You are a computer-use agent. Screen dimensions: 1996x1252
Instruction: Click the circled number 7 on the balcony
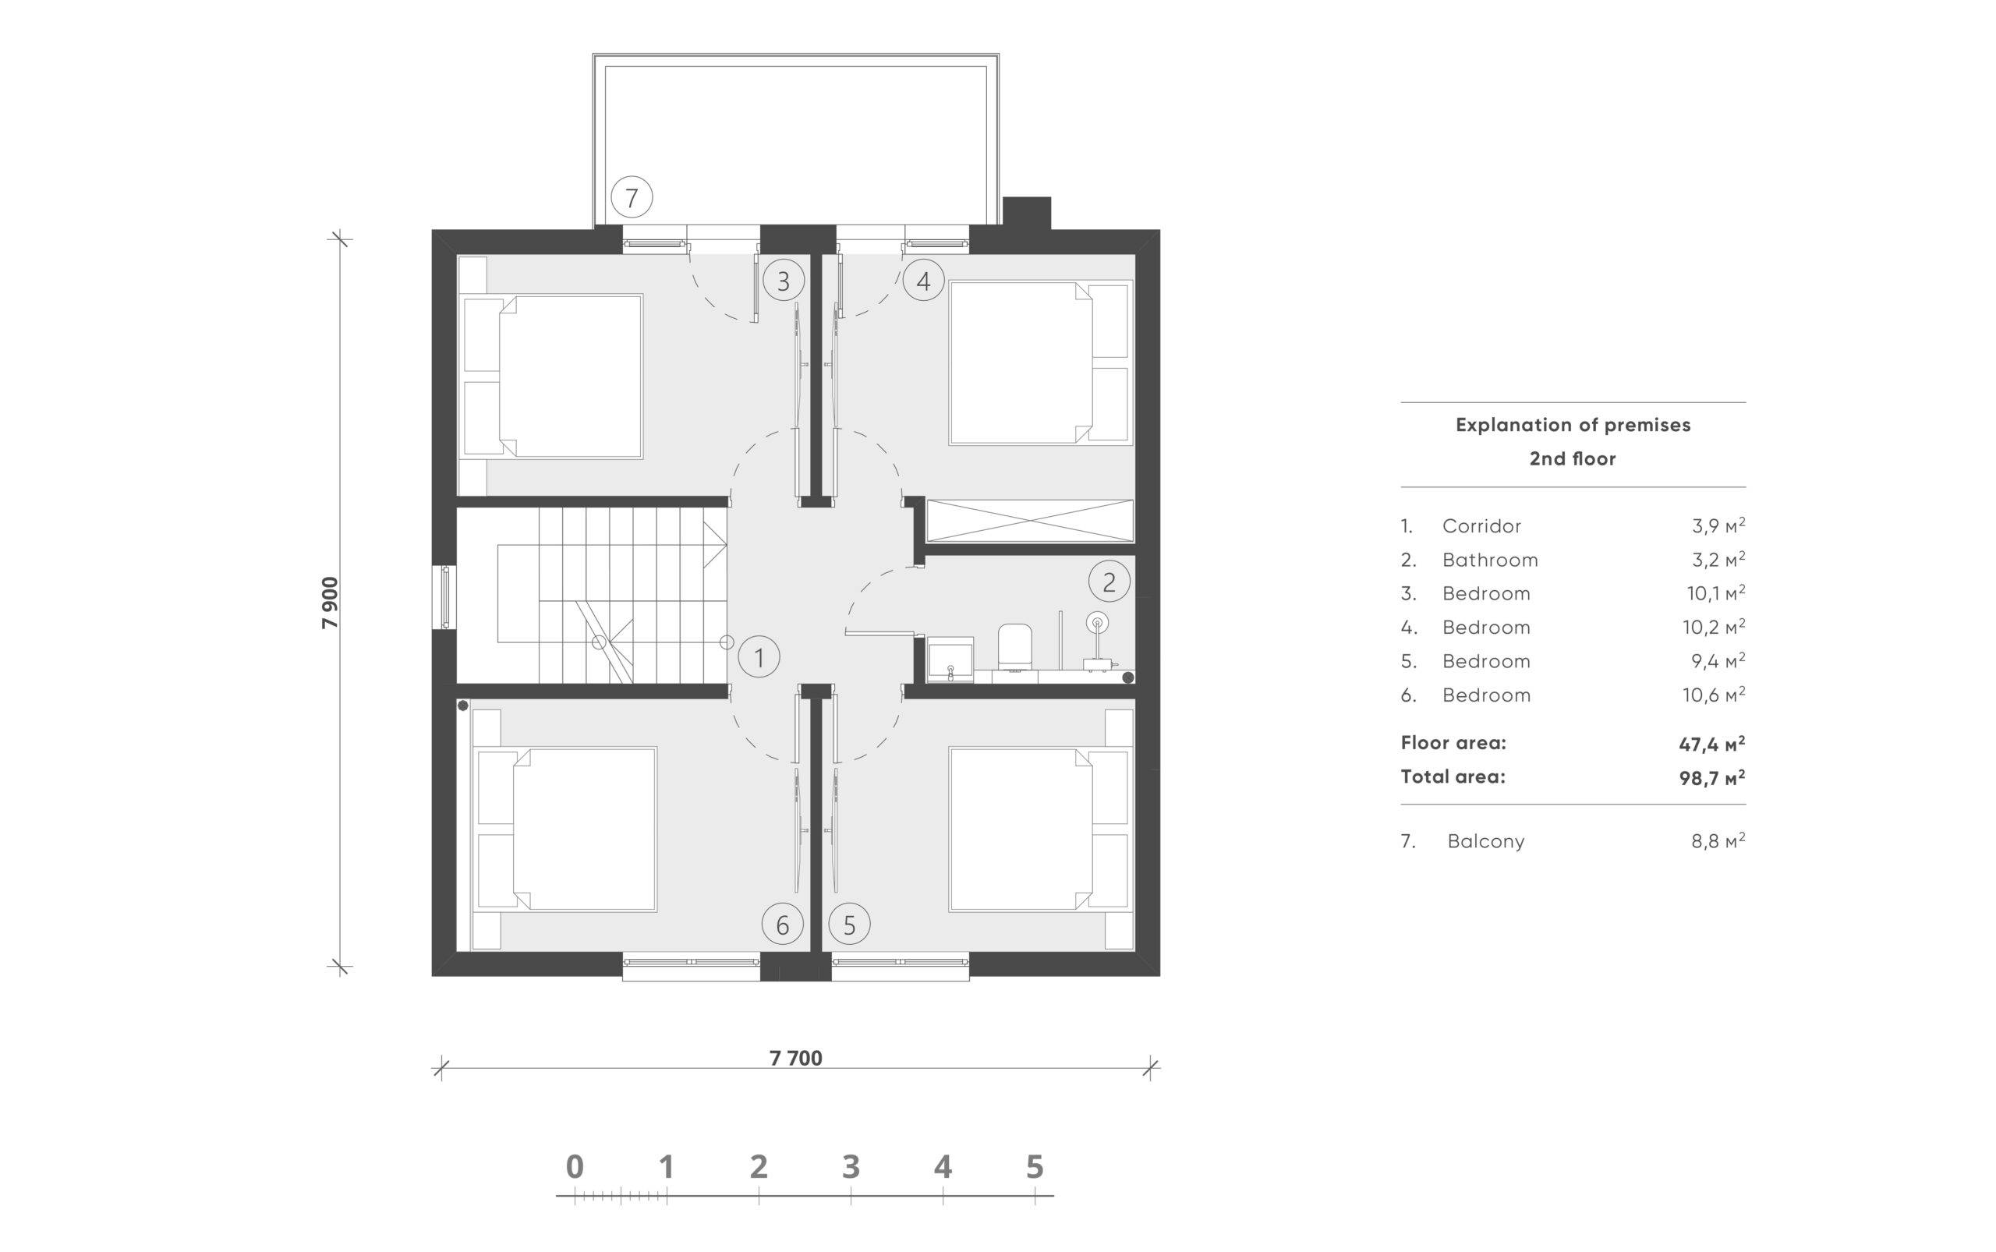pos(631,198)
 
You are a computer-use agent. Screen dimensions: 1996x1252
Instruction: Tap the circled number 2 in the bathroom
pos(1109,582)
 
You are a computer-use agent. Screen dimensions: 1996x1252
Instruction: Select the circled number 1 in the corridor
pos(759,657)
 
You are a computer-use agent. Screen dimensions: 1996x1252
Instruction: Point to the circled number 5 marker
pos(849,924)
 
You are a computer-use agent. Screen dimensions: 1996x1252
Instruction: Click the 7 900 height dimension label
pos(330,603)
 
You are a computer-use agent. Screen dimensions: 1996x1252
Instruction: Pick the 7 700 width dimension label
pos(796,1058)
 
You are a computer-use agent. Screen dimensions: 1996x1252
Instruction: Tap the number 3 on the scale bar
pos(851,1167)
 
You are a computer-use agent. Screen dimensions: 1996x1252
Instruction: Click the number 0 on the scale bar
pos(575,1167)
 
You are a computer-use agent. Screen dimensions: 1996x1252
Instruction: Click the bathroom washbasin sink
pos(950,659)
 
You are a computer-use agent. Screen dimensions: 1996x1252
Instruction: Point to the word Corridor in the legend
pos(1481,525)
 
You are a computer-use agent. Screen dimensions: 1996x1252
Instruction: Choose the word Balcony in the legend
pos(1486,841)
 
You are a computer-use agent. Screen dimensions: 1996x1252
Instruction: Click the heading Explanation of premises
pos(1573,425)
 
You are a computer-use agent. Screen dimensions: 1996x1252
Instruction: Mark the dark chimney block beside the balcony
pos(1026,213)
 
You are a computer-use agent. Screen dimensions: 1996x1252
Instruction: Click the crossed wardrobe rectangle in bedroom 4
pos(1029,521)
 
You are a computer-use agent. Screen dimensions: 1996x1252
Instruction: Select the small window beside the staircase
pos(444,596)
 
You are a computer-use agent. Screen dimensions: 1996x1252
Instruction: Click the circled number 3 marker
pos(783,281)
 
